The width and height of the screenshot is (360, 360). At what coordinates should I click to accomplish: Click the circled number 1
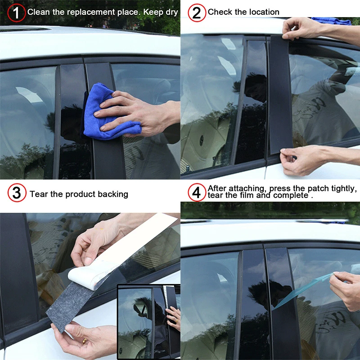click(x=16, y=13)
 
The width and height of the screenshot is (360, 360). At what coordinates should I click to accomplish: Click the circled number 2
click(x=196, y=13)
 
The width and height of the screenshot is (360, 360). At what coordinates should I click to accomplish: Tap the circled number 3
click(x=16, y=193)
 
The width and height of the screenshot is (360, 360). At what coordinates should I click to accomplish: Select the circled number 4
click(x=196, y=193)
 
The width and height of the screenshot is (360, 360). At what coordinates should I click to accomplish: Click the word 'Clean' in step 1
click(x=39, y=12)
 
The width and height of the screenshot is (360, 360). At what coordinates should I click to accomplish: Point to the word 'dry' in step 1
click(x=171, y=12)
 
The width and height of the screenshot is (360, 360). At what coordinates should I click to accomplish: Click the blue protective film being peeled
click(x=306, y=288)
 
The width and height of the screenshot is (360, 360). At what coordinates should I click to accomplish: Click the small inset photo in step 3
click(x=149, y=321)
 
